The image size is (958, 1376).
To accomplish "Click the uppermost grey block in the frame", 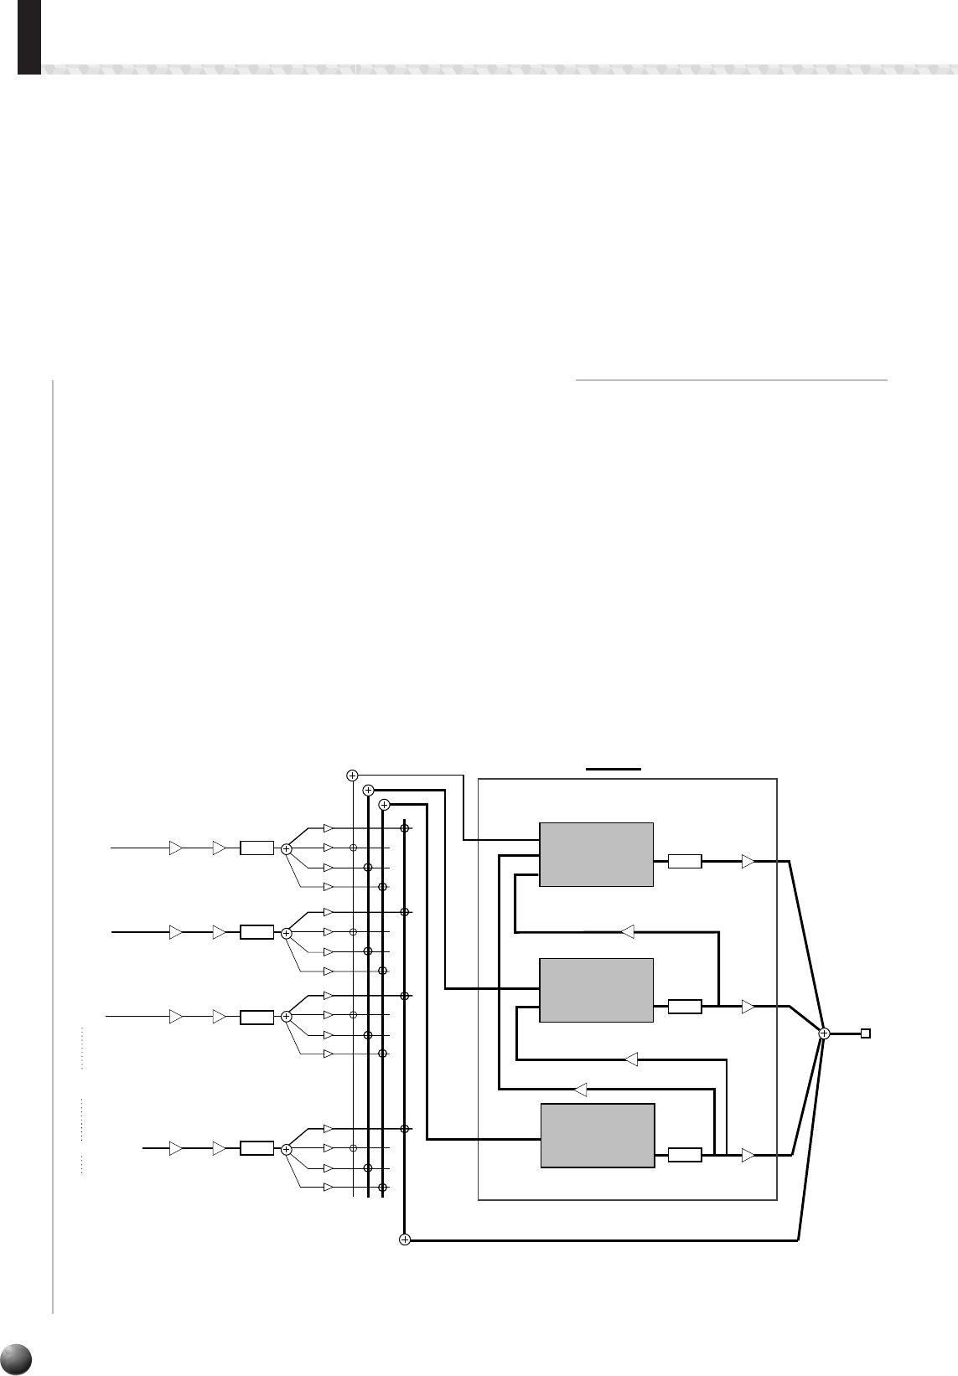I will (595, 854).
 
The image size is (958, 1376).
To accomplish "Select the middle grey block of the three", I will (595, 991).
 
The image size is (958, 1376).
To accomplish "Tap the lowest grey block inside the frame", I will (597, 1135).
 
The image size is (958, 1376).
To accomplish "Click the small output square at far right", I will (866, 1033).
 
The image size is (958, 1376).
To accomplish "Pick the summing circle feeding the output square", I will (824, 1033).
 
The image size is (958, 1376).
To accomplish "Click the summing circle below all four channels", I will (404, 1239).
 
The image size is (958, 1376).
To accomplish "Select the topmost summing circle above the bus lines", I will (352, 775).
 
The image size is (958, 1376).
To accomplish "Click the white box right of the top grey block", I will (685, 861).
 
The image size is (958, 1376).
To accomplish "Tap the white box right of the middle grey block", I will (685, 1007).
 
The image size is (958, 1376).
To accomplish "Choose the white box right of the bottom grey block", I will (685, 1155).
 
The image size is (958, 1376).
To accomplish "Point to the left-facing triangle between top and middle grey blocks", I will (627, 930).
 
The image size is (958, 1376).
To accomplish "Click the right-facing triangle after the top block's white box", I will (748, 861).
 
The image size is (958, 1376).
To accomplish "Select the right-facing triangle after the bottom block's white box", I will (748, 1155).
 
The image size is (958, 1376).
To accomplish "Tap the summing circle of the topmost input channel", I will (286, 848).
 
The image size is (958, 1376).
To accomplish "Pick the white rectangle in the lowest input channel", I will (256, 1148).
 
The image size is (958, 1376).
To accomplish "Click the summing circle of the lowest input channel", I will (286, 1149).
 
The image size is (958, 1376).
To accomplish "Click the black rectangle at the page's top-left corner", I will (29, 37).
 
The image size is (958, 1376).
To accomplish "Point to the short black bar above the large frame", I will (614, 767).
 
